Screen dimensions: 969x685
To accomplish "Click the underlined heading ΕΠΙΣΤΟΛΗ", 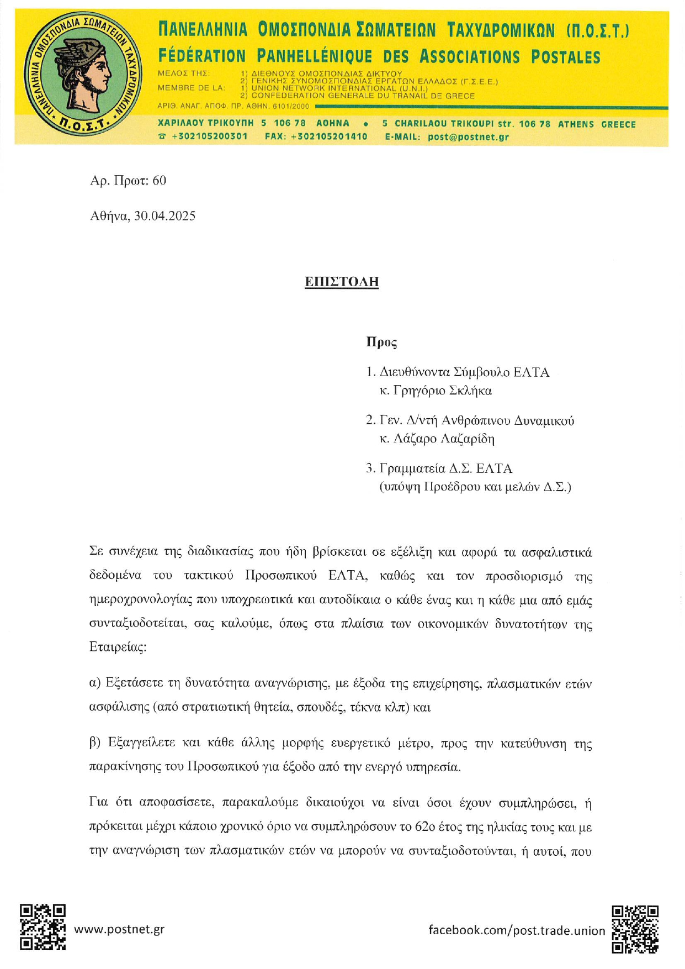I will point(342,282).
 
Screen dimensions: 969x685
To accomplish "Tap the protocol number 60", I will point(159,181).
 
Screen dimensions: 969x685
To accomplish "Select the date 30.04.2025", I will point(164,215).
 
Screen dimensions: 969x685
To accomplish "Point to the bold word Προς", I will point(381,342).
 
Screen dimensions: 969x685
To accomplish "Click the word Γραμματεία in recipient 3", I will point(411,468).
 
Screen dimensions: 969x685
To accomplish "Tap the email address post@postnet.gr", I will point(468,136).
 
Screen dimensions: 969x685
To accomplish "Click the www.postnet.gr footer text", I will point(119,929).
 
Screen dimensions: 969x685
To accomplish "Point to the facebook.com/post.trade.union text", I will point(517,930).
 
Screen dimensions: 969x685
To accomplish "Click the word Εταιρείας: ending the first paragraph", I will point(118,646).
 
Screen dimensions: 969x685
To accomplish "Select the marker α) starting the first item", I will point(95,683).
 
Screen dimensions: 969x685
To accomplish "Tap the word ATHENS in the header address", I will point(576,124).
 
